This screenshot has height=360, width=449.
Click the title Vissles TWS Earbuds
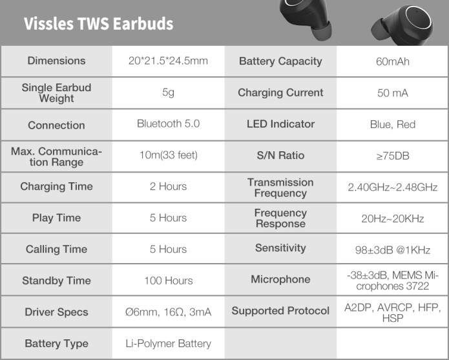click(x=98, y=23)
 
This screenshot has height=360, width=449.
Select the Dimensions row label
click(x=56, y=61)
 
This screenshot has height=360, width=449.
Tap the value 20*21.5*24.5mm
click(x=168, y=61)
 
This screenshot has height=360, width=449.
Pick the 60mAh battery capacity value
click(x=393, y=61)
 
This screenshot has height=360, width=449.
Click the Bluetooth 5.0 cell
click(x=168, y=123)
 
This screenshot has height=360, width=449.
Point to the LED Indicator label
click(x=280, y=124)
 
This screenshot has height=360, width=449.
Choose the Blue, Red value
click(x=393, y=124)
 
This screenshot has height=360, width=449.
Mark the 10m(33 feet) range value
click(x=169, y=155)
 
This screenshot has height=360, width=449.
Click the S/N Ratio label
click(x=280, y=155)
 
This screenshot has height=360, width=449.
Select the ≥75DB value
click(x=393, y=156)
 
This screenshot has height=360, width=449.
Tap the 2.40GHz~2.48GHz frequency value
click(x=393, y=187)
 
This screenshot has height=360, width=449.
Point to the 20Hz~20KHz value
click(x=393, y=219)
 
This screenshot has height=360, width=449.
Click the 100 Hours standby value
click(x=169, y=281)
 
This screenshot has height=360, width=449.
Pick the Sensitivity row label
click(x=280, y=248)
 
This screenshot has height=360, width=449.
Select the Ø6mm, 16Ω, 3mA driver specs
click(x=169, y=312)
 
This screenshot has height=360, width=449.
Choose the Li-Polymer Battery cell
click(x=169, y=343)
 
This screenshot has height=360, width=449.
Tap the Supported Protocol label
click(x=280, y=311)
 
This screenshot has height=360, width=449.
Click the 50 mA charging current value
click(x=393, y=93)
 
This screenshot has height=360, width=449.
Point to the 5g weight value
click(x=168, y=92)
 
